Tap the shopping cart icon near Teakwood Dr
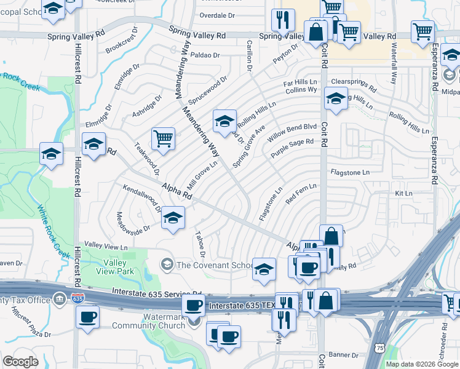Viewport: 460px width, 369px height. coord(164,138)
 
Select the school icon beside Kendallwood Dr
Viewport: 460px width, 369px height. coord(173,218)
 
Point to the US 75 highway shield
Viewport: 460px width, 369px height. coord(380,349)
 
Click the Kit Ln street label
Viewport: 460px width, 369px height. coord(403,193)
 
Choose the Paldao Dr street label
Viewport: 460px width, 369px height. coord(205,55)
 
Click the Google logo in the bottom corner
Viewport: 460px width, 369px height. coord(20,361)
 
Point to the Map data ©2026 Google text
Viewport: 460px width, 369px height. coord(422,364)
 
